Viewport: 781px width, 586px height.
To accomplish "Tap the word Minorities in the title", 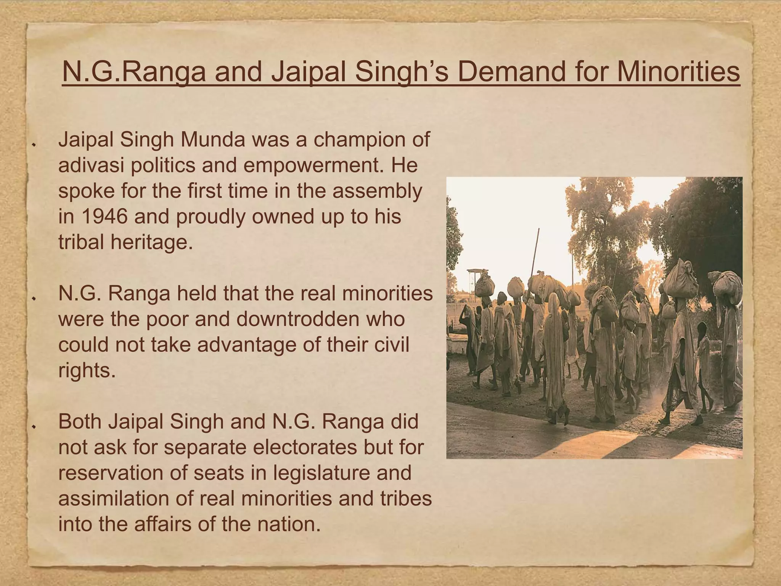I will tap(678, 72).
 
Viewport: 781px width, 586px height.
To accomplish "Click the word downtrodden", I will tap(320, 319).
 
